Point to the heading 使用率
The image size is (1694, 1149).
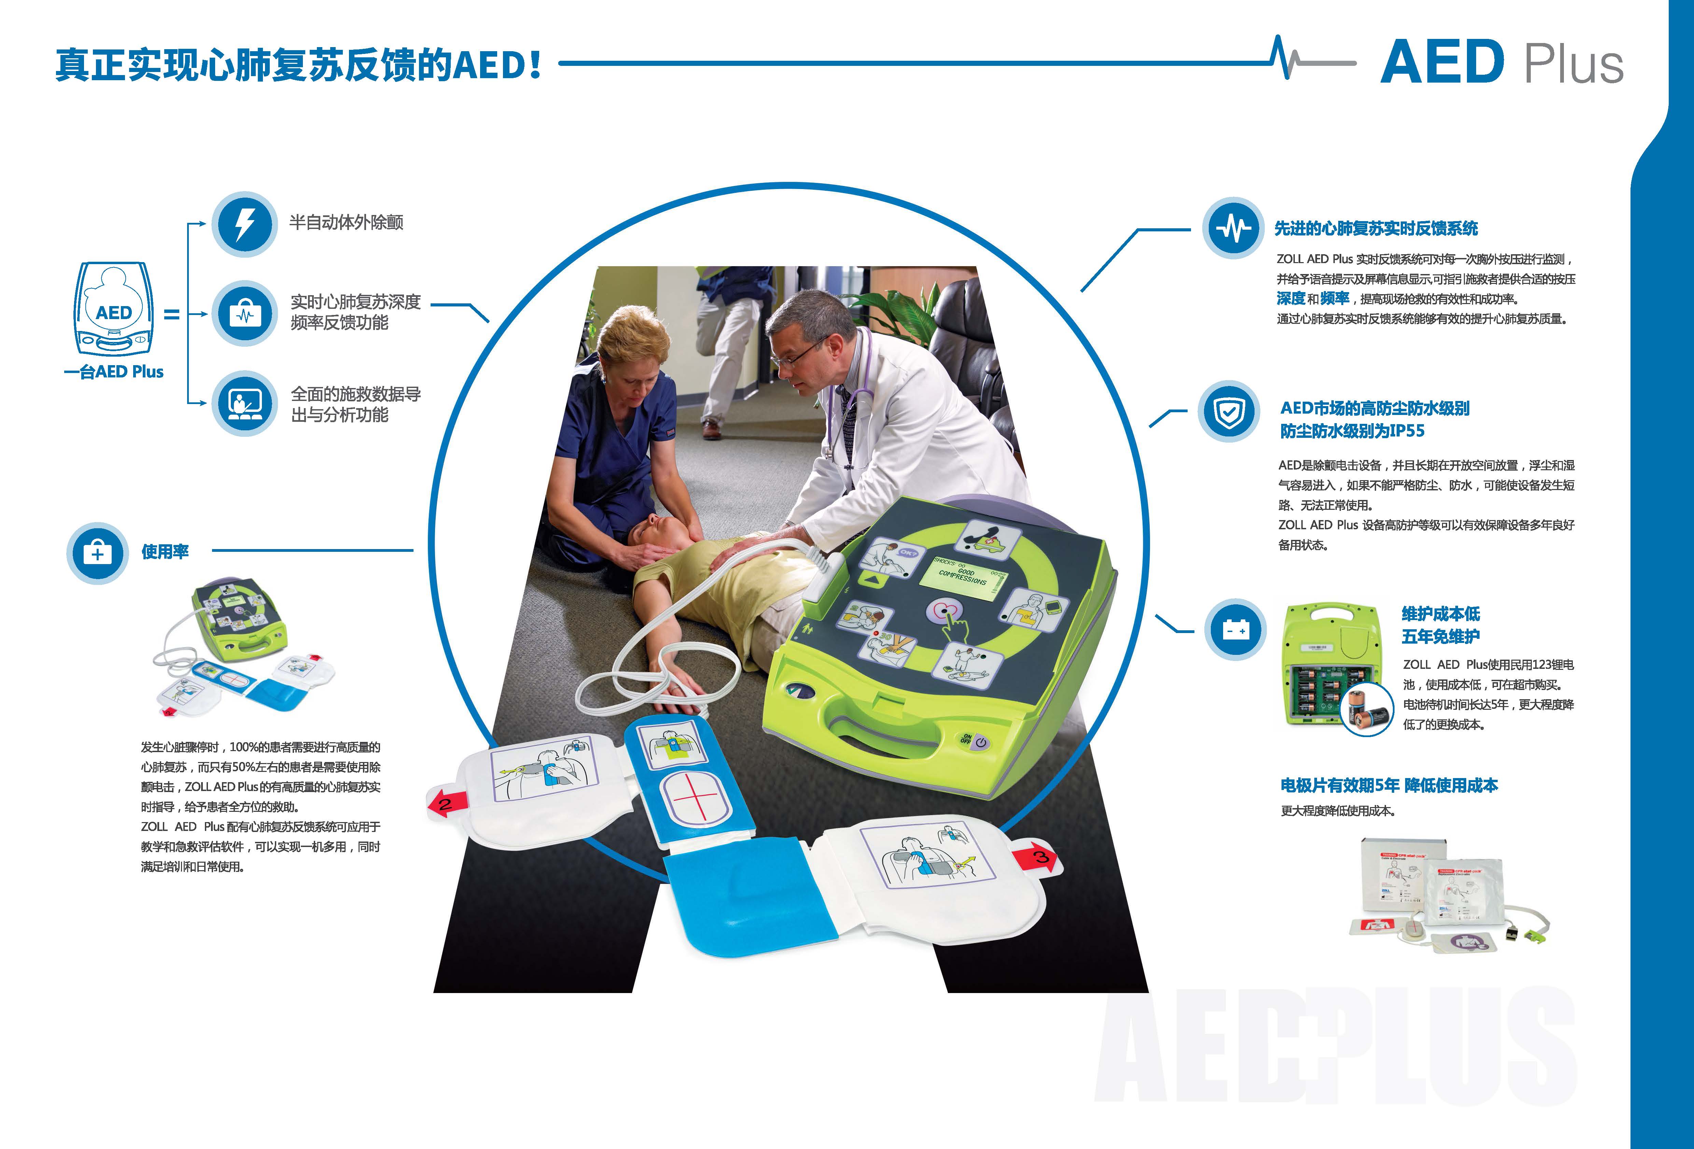click(165, 551)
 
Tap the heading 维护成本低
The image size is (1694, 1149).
click(1440, 614)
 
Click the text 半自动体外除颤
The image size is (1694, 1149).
click(346, 222)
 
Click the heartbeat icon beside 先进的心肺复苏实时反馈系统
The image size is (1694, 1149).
click(1233, 228)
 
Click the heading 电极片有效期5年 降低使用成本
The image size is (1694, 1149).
click(1389, 786)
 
